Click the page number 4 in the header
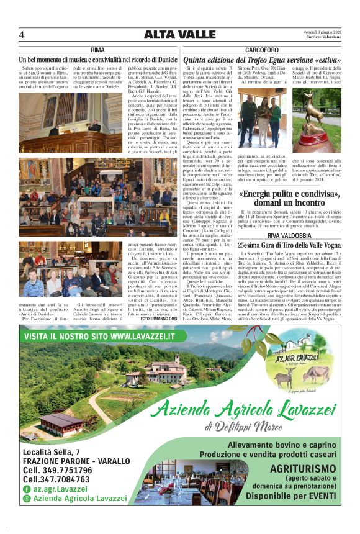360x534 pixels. [x=22, y=35]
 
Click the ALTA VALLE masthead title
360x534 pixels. [x=180, y=35]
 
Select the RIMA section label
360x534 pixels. [x=97, y=49]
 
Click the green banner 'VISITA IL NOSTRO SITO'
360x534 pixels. [x=99, y=336]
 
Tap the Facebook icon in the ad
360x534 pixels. [x=26, y=489]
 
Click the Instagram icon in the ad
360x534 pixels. [x=26, y=499]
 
